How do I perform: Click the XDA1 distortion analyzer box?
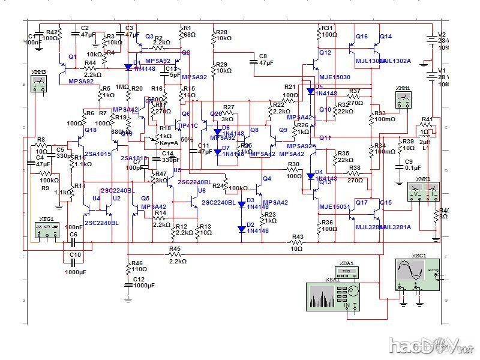pyautogui.click(x=346, y=271)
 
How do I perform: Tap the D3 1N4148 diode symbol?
pyautogui.click(x=242, y=204)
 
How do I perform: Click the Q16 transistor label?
pyautogui.click(x=362, y=37)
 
